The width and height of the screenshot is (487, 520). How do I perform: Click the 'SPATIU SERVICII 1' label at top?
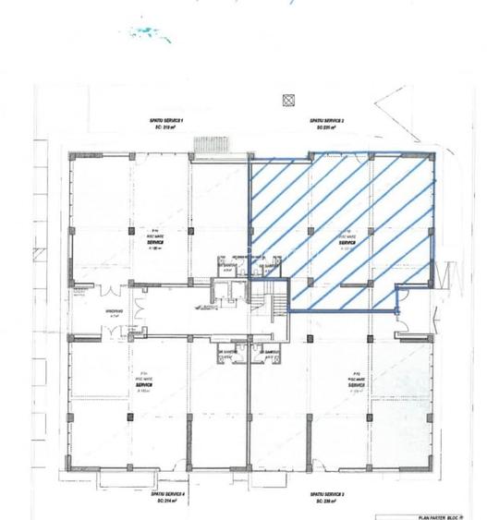169,123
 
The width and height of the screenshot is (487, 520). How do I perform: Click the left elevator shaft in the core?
219,288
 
